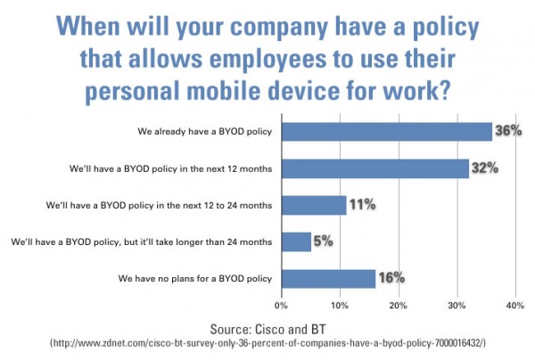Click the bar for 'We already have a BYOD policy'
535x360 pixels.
pos(386,132)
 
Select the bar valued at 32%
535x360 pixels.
pos(374,168)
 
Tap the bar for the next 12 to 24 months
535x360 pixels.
pos(313,205)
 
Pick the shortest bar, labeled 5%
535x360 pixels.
pos(296,241)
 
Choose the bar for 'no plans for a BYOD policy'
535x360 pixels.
pos(328,278)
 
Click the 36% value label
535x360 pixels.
pos(507,132)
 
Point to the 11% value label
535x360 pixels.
pos(361,205)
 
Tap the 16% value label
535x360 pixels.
pos(391,278)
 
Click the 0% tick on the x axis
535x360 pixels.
pos(282,306)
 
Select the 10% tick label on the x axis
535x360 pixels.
pos(340,306)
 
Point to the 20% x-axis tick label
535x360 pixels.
pos(399,306)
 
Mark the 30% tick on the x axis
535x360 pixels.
pos(457,306)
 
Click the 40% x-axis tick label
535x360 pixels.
pos(514,306)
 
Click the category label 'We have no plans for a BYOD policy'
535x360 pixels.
pos(194,279)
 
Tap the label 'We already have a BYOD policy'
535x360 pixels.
pos(204,132)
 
